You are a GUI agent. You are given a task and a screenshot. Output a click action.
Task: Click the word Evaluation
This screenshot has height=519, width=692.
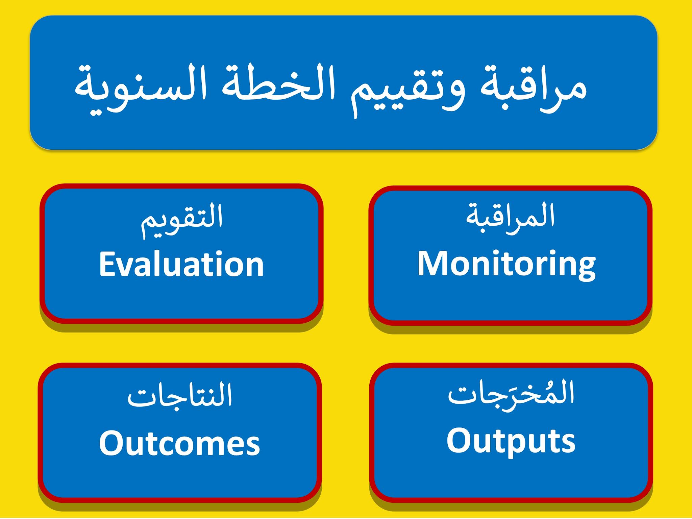tap(181, 264)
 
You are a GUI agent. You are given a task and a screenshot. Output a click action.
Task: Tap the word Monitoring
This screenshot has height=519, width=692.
tap(506, 266)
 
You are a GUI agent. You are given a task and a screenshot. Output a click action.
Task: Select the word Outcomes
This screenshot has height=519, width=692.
tap(180, 443)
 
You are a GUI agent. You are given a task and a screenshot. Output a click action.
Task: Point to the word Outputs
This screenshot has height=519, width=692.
tap(511, 442)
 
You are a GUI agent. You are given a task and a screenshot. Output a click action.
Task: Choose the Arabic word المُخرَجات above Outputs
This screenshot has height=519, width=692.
tap(511, 394)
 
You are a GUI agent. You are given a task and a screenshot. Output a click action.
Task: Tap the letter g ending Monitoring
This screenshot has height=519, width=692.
tap(586, 269)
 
